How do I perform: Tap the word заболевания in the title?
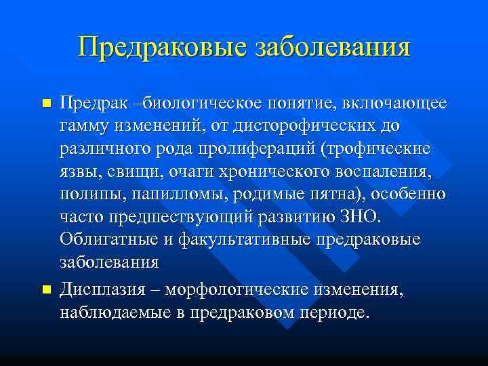pyautogui.click(x=331, y=47)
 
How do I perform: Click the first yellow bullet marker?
pyautogui.click(x=46, y=104)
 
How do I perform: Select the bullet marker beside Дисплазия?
pyautogui.click(x=46, y=289)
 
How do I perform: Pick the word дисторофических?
pyautogui.click(x=318, y=126)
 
